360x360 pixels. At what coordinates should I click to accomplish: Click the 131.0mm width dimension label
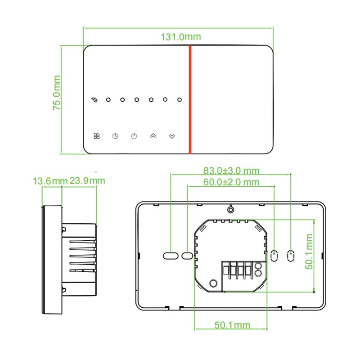tap(181, 37)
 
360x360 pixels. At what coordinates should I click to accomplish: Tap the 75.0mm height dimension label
tap(57, 93)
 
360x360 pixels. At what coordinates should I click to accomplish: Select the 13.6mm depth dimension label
tap(50, 181)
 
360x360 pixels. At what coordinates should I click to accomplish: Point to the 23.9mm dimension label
tap(87, 181)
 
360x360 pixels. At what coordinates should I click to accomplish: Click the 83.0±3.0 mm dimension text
tap(231, 171)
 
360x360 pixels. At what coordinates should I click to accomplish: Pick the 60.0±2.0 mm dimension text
tap(231, 182)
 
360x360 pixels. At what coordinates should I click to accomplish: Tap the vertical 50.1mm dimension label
tap(309, 252)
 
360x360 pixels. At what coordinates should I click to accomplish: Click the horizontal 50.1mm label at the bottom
tap(232, 325)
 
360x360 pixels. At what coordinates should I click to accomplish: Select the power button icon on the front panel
tap(134, 136)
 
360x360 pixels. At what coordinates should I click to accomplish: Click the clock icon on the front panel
tap(115, 136)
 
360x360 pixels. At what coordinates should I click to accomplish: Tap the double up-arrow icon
tap(153, 136)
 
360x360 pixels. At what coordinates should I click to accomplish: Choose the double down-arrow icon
tap(172, 136)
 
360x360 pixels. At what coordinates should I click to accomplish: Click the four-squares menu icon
tap(97, 136)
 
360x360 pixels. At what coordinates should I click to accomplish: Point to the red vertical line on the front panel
tap(190, 99)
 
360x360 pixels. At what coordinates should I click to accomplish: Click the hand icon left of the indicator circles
tap(94, 99)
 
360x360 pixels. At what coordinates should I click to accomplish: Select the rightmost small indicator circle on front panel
tap(180, 99)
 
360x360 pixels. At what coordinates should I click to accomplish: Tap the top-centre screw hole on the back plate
tap(230, 209)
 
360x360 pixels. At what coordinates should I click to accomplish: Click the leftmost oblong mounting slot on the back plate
tap(171, 256)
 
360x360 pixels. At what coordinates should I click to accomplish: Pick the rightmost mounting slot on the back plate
tap(291, 256)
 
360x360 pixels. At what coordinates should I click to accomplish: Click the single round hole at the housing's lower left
tap(213, 283)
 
